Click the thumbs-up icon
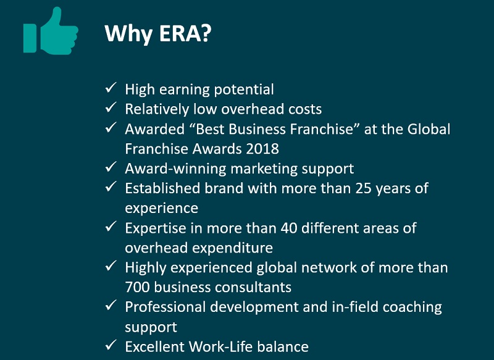pyautogui.click(x=51, y=31)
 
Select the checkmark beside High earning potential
pyautogui.click(x=111, y=88)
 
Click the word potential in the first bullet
pyautogui.click(x=244, y=90)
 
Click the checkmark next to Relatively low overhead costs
pyautogui.click(x=111, y=107)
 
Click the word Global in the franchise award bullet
pyautogui.click(x=429, y=129)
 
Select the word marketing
pyautogui.click(x=264, y=169)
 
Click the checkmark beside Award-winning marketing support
pyautogui.click(x=111, y=167)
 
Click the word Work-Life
pyautogui.click(x=220, y=347)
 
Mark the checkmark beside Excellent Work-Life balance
pyautogui.click(x=111, y=345)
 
